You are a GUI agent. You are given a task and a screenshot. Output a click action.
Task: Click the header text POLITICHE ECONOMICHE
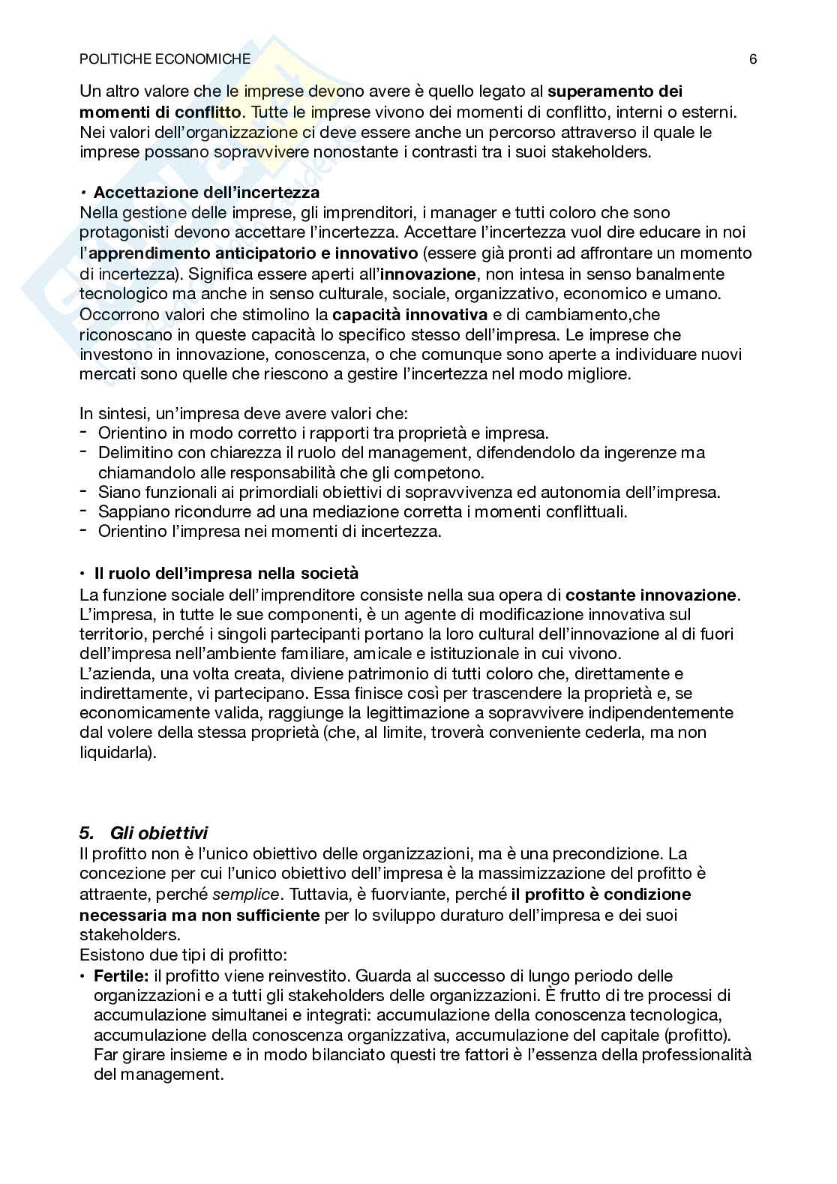click(x=165, y=59)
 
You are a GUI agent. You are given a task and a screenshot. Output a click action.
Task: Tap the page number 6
click(x=752, y=59)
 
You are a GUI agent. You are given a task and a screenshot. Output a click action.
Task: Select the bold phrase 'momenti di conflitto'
click(x=161, y=112)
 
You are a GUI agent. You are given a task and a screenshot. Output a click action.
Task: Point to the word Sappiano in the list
click(x=129, y=512)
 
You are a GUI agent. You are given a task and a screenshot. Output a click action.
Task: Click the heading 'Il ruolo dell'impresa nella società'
click(x=226, y=574)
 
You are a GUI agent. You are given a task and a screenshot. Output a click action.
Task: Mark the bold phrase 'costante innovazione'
click(x=651, y=595)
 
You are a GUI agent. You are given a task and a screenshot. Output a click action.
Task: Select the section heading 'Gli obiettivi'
click(x=158, y=833)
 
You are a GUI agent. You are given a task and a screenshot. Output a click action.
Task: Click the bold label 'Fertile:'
click(x=121, y=976)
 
